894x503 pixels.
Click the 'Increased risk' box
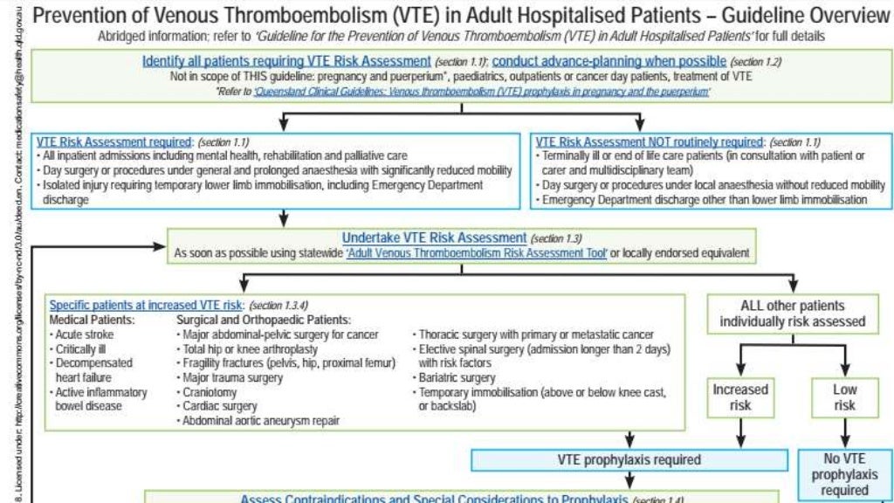[740, 397]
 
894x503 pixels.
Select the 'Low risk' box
[844, 397]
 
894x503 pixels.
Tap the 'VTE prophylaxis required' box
[629, 459]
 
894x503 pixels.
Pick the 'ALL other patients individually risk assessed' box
[792, 314]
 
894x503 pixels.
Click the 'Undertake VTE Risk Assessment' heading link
[434, 238]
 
